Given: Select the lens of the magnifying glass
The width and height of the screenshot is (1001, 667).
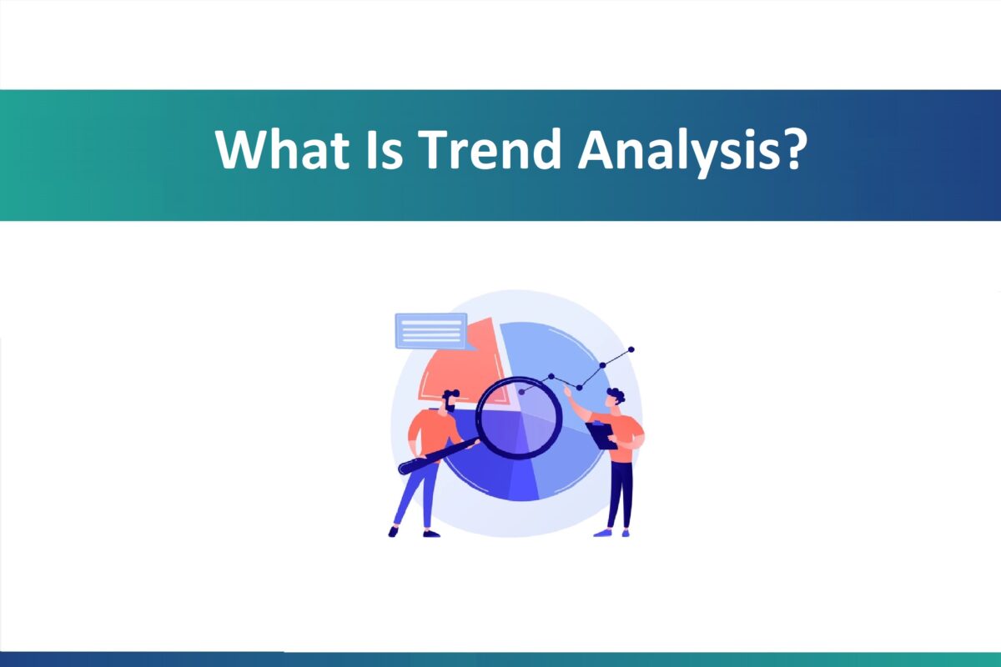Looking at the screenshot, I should tap(519, 417).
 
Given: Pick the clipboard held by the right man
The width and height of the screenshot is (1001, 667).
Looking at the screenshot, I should tap(602, 434).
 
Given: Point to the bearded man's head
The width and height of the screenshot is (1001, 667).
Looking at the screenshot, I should tap(450, 400).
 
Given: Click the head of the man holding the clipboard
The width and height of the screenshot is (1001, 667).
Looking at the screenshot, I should tap(615, 398).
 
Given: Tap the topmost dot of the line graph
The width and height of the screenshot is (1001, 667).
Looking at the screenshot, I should tap(631, 350).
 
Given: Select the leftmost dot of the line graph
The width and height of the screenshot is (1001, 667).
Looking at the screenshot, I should tap(521, 390).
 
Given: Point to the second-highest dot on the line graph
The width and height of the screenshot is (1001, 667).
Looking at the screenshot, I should tap(601, 367).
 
